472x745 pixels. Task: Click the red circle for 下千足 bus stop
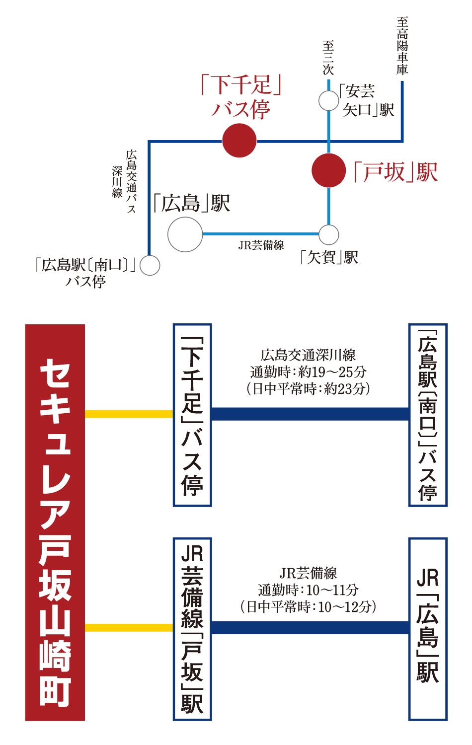coord(239,141)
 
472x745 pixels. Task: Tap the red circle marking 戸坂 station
coord(328,170)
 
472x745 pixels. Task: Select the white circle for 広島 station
coord(185,234)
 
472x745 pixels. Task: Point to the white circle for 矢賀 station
coord(328,235)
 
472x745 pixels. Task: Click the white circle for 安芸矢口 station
coord(328,100)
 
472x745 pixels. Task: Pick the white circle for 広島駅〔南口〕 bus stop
coord(150,265)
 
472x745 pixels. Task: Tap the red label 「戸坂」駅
coord(395,172)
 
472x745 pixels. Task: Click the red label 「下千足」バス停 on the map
coord(241,97)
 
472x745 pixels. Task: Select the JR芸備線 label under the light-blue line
coord(261,245)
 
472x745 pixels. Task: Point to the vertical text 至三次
coord(328,57)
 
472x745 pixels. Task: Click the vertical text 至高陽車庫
coord(402,46)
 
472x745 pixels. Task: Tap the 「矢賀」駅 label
coord(328,257)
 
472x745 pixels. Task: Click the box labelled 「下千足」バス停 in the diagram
coord(192,415)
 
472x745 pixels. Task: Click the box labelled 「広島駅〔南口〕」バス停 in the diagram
coord(428,415)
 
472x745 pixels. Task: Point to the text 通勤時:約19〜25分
coord(308,372)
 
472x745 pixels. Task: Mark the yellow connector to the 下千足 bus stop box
coord(129,414)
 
